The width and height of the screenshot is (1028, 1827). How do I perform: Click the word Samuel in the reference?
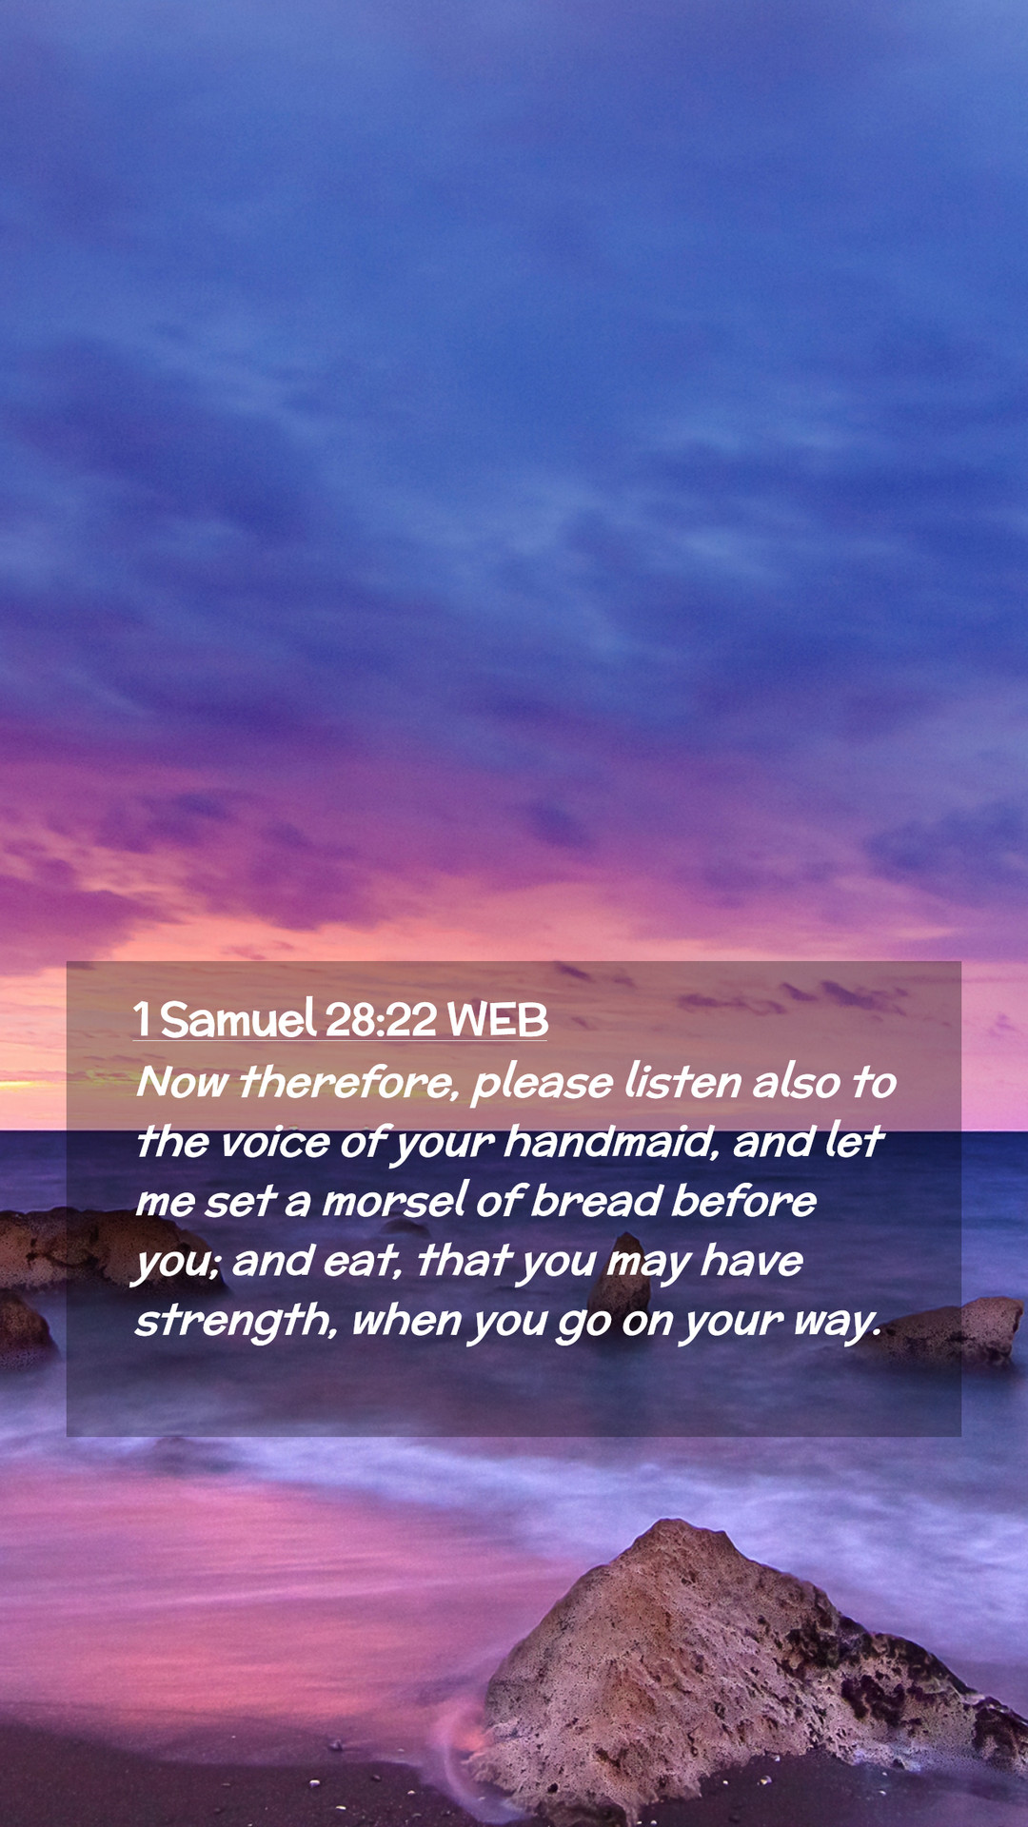pyautogui.click(x=238, y=1019)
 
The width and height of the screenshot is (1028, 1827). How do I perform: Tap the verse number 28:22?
pyautogui.click(x=381, y=1020)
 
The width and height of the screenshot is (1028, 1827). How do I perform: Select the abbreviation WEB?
pyautogui.click(x=498, y=1020)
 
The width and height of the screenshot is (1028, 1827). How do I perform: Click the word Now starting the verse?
pyautogui.click(x=181, y=1083)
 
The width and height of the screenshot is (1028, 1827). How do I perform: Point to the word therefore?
pyautogui.click(x=348, y=1083)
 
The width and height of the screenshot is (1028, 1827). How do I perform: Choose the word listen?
pyautogui.click(x=683, y=1082)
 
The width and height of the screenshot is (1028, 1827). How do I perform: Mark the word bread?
pyautogui.click(x=597, y=1201)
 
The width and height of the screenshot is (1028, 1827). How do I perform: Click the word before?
pyautogui.click(x=744, y=1201)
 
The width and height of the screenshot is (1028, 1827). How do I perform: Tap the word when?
pyautogui.click(x=406, y=1321)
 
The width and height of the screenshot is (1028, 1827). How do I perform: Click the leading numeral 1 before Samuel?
pyautogui.click(x=142, y=1020)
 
